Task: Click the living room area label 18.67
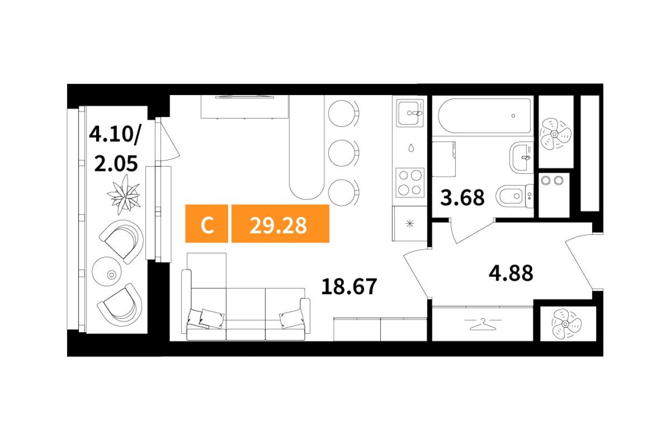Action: tap(349, 286)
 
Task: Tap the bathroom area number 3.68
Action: tap(462, 198)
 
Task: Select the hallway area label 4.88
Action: tap(511, 273)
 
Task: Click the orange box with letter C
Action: tap(207, 224)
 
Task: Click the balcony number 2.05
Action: tap(115, 164)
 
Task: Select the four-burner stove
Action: tap(410, 183)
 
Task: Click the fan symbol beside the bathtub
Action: tap(555, 133)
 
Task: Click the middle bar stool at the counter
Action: tap(343, 153)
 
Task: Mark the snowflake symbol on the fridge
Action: tap(410, 223)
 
